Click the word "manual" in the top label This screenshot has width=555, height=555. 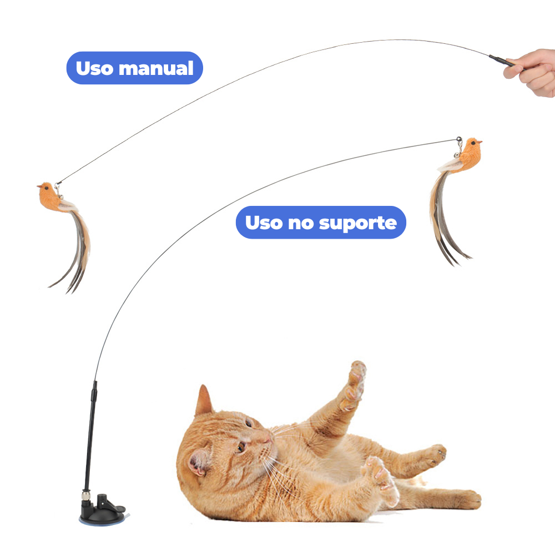[x=157, y=68]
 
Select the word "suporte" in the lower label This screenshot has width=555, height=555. [x=358, y=223]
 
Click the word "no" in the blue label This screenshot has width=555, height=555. [x=300, y=223]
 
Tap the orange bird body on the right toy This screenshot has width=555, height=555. [x=467, y=156]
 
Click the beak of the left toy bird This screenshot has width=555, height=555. [x=39, y=186]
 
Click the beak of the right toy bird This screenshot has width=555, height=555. [x=480, y=142]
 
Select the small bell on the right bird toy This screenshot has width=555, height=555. [x=457, y=155]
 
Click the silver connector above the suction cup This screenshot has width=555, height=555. [x=85, y=495]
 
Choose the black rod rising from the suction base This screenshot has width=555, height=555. [x=90, y=435]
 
